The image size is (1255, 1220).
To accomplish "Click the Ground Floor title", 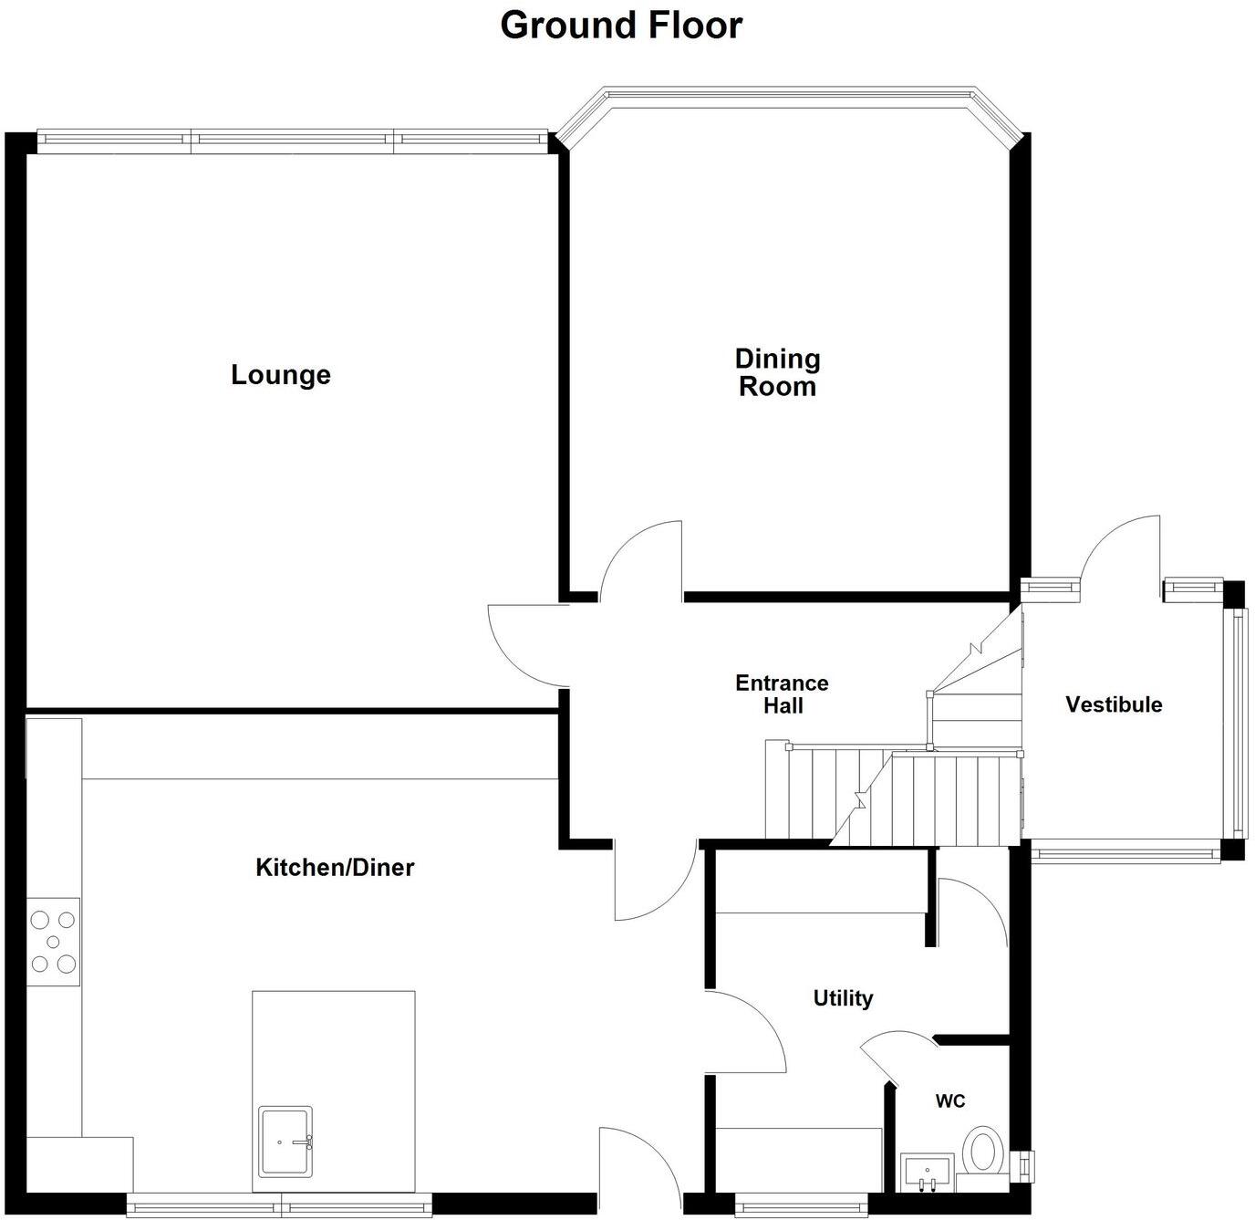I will pyautogui.click(x=621, y=26).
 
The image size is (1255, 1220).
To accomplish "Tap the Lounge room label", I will pyautogui.click(x=280, y=375).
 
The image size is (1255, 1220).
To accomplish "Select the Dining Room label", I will pyautogui.click(x=777, y=372).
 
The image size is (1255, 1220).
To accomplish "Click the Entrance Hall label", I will pyautogui.click(x=782, y=694).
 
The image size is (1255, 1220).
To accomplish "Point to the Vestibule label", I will pyautogui.click(x=1114, y=704).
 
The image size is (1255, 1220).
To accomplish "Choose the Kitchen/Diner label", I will pyautogui.click(x=335, y=867).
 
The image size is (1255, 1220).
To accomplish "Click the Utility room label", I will pyautogui.click(x=843, y=998).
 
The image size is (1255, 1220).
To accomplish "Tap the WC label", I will pyautogui.click(x=949, y=1101).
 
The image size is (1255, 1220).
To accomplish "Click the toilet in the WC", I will pyautogui.click(x=983, y=1152).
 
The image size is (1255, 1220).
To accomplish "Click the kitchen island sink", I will pyautogui.click(x=285, y=1142).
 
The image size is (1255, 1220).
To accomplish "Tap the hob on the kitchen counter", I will pyautogui.click(x=53, y=942).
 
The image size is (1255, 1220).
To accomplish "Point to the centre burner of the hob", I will pyautogui.click(x=53, y=942).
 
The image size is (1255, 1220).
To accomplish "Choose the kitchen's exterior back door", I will pyautogui.click(x=638, y=1163).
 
